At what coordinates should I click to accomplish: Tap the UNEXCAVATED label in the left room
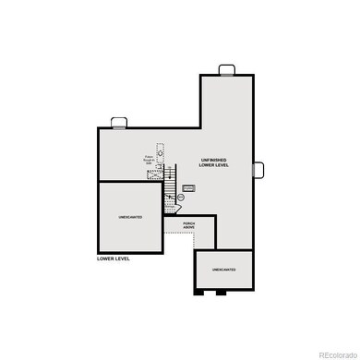click(129, 218)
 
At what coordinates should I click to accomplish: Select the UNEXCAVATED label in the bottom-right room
click(222, 270)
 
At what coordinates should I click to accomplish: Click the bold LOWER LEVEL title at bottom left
click(114, 259)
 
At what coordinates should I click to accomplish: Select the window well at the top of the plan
click(227, 70)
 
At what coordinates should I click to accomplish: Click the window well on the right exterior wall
click(258, 169)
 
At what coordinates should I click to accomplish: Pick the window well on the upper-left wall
click(119, 123)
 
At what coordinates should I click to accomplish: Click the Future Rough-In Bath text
click(150, 161)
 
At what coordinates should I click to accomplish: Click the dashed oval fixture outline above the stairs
click(159, 148)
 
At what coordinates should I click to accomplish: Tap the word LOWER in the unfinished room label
click(207, 166)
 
